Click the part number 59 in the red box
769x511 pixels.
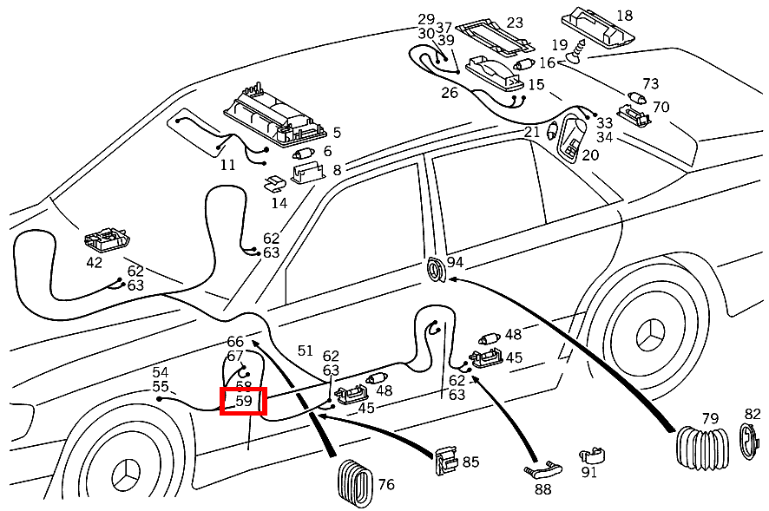(x=243, y=402)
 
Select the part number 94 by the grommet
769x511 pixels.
(x=455, y=263)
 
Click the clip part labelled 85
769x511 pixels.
(x=447, y=461)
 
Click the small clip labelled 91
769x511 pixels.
(x=591, y=456)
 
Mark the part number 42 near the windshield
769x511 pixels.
(x=94, y=263)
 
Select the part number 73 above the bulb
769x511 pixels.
(x=650, y=83)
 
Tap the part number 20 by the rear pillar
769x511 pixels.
(x=590, y=155)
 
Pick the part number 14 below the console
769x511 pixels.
(x=279, y=204)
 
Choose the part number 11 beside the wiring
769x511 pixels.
(x=227, y=164)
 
